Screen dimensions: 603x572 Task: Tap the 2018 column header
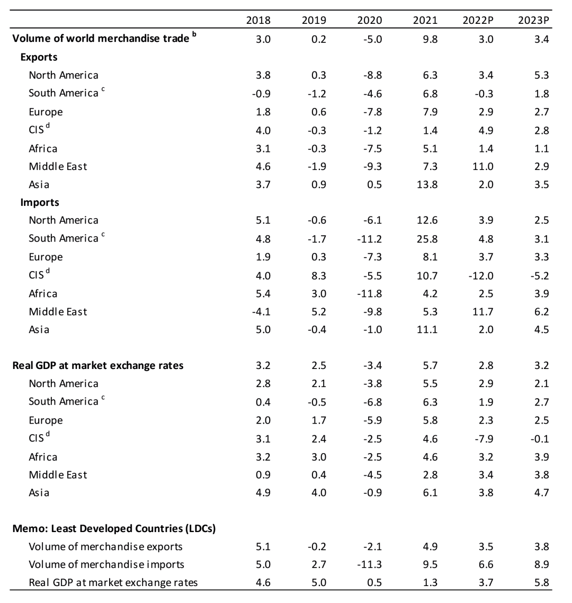coord(258,21)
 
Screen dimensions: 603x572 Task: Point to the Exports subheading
coord(39,57)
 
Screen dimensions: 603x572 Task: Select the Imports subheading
coord(40,202)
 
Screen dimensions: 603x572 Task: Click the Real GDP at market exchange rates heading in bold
coord(98,365)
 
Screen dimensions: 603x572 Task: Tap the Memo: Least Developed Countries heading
coord(113,528)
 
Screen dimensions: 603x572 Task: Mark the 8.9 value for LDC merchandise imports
coord(541,564)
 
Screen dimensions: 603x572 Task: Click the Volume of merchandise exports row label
coord(105,546)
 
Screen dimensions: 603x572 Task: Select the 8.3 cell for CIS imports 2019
coord(319,275)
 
